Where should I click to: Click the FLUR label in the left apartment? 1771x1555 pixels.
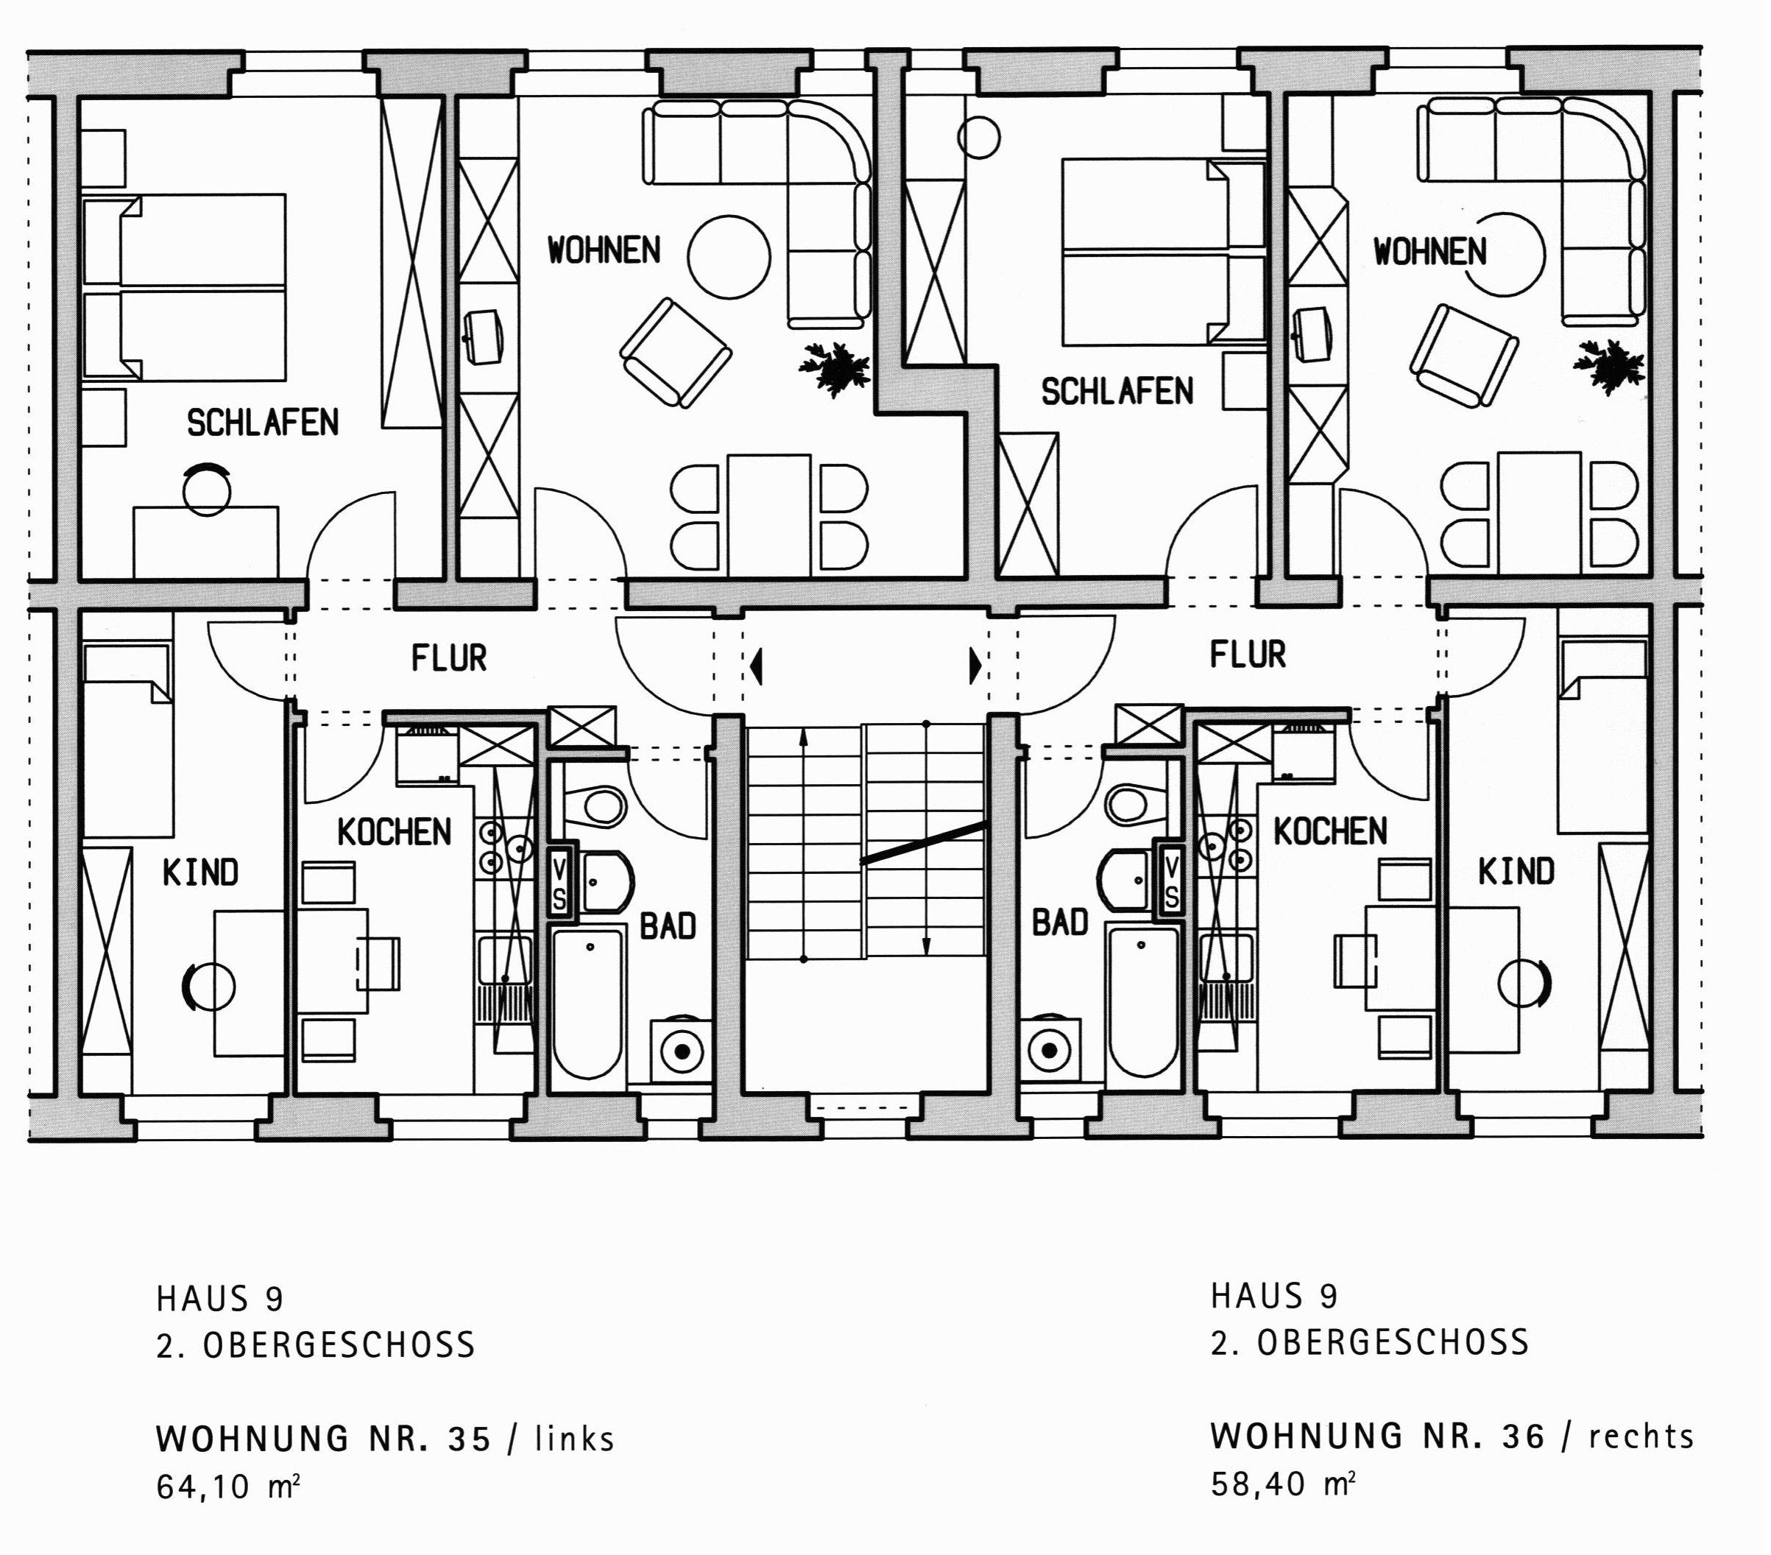pos(449,659)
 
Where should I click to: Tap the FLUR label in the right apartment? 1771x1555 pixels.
pos(1248,655)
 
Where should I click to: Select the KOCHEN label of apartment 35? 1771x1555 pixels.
pos(395,833)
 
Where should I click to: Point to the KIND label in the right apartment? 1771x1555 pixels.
pos(1516,872)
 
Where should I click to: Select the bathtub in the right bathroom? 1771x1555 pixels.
pos(1144,1003)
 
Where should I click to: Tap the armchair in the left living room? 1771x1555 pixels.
pos(676,353)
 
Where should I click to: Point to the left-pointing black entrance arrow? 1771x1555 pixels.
pos(757,666)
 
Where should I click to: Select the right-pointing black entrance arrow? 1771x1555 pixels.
pos(975,666)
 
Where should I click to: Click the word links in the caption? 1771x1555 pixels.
pos(574,1439)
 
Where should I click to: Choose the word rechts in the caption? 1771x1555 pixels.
pos(1641,1437)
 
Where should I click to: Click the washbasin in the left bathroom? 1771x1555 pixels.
pos(608,881)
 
